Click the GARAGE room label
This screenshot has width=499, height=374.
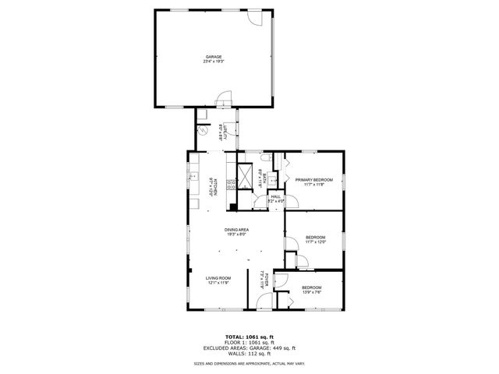(x=214, y=56)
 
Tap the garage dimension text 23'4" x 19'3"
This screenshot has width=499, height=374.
(x=214, y=62)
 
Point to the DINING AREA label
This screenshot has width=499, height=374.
(x=236, y=230)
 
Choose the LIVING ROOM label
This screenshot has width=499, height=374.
(x=218, y=278)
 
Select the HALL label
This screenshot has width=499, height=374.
(x=275, y=196)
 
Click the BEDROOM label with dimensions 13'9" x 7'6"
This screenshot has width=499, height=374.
(x=311, y=288)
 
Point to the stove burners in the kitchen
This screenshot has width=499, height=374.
(x=231, y=185)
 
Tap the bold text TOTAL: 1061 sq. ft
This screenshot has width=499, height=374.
(x=249, y=337)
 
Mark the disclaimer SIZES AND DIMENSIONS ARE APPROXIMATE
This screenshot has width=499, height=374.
(x=249, y=364)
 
